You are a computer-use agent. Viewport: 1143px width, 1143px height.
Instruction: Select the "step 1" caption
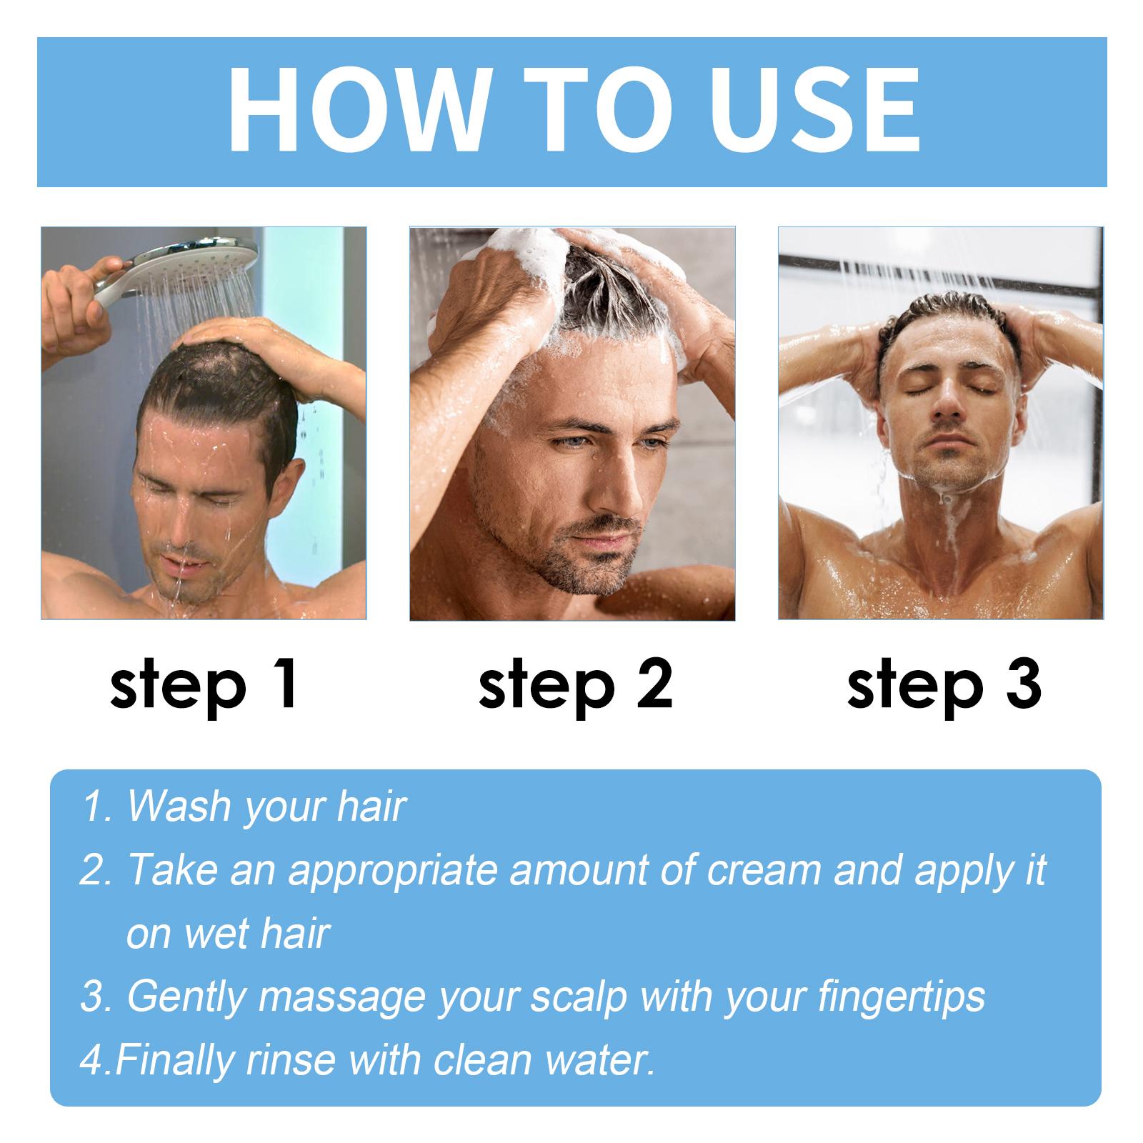coord(204,684)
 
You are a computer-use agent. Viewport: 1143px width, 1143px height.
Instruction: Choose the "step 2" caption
coord(574,684)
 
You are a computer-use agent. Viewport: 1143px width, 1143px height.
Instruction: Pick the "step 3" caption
coord(943,684)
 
